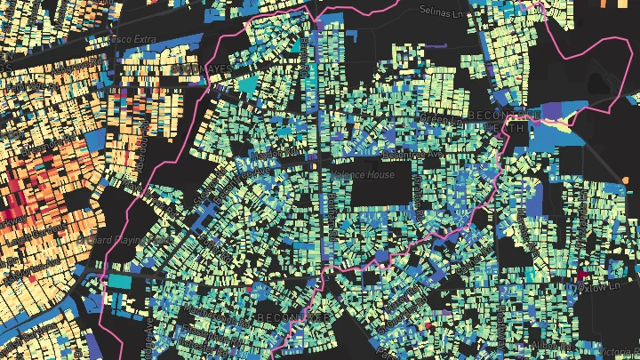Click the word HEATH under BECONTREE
tap(510, 129)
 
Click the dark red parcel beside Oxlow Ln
tap(586, 268)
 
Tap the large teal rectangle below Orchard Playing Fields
tap(118, 281)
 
